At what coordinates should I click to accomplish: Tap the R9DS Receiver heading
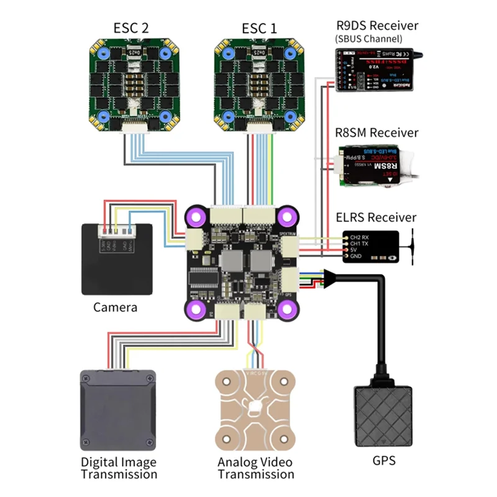click(376, 25)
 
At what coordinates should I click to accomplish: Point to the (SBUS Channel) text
click(372, 39)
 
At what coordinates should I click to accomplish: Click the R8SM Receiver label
click(376, 133)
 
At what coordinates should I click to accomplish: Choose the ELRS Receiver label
click(375, 217)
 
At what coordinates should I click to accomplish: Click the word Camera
click(115, 307)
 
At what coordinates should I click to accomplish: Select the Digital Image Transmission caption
click(119, 468)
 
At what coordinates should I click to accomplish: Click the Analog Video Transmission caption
click(255, 468)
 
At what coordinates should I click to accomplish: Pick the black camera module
click(117, 258)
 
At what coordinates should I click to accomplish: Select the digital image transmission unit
click(117, 410)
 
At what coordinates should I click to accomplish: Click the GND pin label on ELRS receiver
click(357, 257)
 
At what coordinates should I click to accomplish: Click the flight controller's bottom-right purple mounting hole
click(286, 308)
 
